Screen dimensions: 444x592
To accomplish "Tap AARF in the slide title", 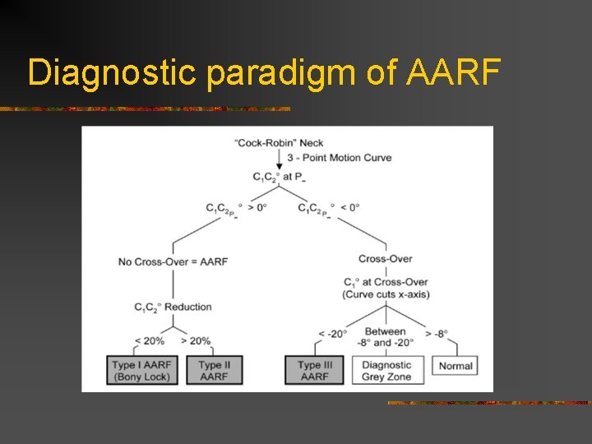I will coord(452,73).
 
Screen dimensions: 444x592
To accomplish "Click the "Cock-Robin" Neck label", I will coord(280,142).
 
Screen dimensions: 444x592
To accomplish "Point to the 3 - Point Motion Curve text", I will coord(340,157).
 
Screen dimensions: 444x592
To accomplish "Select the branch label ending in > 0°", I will coord(236,208).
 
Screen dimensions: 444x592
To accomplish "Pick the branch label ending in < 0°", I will coord(328,208).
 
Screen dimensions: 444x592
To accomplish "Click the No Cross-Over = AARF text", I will coord(173,261).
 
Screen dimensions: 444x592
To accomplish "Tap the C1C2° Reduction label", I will coord(173,308).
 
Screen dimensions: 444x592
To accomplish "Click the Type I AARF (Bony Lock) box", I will coord(143,370).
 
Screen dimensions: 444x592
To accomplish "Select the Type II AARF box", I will coord(214,370).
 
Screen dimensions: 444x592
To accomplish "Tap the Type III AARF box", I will coord(314,370).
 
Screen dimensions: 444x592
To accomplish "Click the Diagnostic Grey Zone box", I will coord(386,370).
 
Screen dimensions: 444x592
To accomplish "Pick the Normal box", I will coord(456,366).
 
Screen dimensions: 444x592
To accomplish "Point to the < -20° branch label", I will coord(334,333).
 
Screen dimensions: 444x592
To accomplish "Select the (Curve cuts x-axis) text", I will coord(386,294).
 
